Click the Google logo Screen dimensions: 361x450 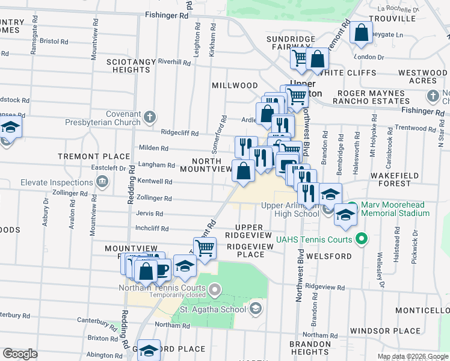[20, 354]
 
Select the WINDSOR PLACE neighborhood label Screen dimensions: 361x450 [385, 331]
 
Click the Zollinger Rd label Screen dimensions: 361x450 [155, 198]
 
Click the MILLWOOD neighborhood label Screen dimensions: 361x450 [235, 86]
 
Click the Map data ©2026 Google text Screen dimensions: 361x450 [411, 356]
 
